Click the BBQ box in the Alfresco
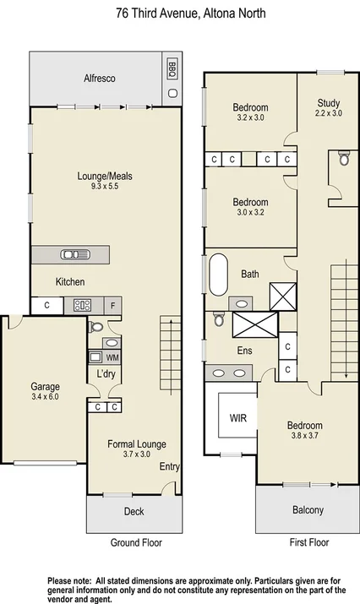(172, 68)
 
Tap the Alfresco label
(100, 79)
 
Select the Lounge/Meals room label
(105, 177)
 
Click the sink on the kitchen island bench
(71, 255)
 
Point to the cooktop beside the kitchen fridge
(83, 306)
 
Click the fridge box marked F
(113, 306)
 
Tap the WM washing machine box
(112, 357)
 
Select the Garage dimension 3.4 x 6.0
(45, 396)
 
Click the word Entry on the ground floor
(168, 465)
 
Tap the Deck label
(134, 511)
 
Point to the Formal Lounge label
(136, 443)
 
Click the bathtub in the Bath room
(218, 274)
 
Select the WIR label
(237, 418)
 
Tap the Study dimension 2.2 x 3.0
(329, 112)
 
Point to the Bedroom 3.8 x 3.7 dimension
(303, 435)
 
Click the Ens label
(244, 351)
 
